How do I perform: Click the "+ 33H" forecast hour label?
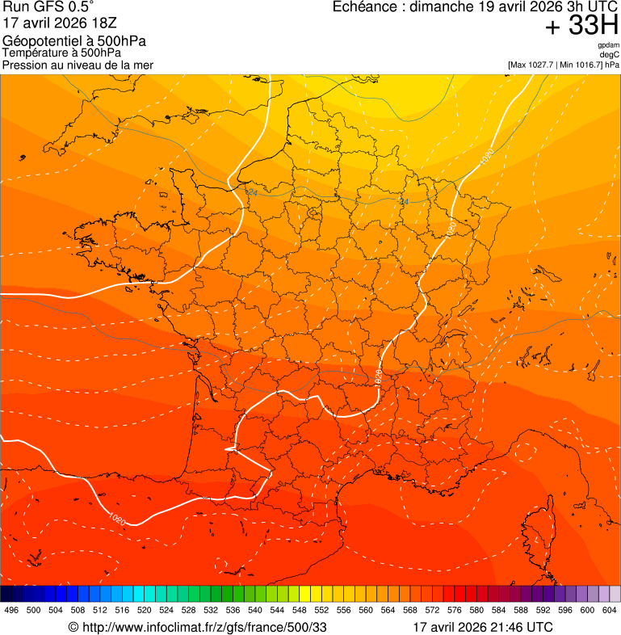click(582, 27)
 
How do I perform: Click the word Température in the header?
click(33, 53)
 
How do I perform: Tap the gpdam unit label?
click(608, 45)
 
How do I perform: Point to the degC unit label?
click(609, 54)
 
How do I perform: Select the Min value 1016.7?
click(587, 64)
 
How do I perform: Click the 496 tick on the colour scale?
click(11, 610)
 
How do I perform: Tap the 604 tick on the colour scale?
click(610, 610)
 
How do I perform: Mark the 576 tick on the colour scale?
click(455, 610)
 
